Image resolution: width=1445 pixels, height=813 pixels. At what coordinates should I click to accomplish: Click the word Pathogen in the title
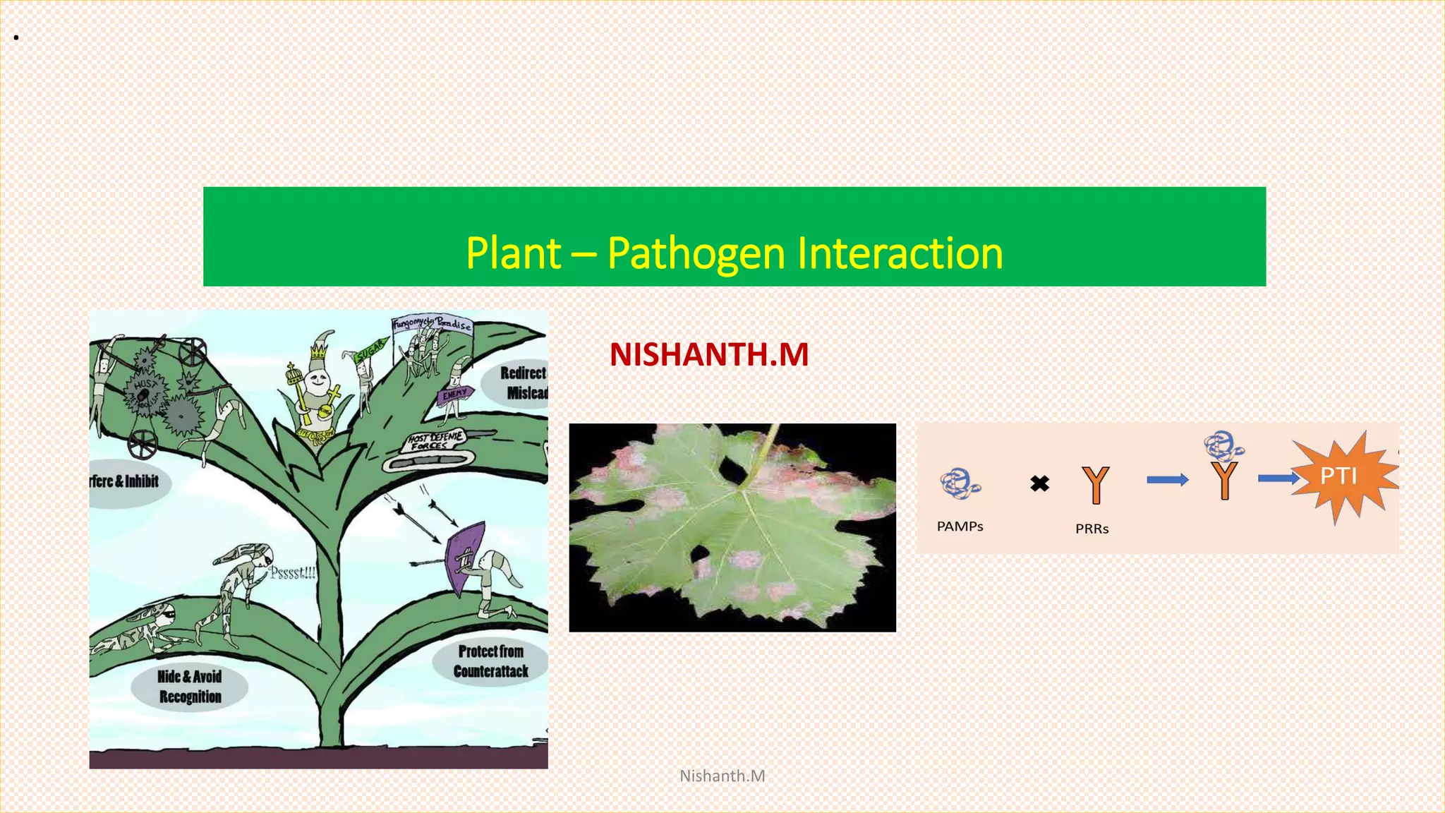[x=696, y=253]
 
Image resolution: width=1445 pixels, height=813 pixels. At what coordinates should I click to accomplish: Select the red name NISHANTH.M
[x=709, y=354]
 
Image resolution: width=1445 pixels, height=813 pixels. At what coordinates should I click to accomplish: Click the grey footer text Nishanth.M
[x=722, y=776]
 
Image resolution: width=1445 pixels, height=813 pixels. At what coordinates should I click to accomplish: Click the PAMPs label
[x=960, y=526]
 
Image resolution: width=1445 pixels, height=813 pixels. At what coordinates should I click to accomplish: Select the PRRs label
[x=1092, y=529]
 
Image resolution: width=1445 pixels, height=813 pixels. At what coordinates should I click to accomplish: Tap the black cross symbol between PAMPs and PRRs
[x=1039, y=483]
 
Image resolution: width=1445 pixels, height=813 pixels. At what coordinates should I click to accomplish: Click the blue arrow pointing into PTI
[x=1278, y=478]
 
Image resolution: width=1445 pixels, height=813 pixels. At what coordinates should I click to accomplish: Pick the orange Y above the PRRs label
[x=1095, y=485]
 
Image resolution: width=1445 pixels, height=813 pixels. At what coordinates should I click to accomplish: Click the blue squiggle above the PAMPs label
[x=959, y=484]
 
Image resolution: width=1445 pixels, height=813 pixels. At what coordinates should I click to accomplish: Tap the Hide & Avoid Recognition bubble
[x=189, y=687]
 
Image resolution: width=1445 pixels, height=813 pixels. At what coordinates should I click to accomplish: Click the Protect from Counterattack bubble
[x=491, y=661]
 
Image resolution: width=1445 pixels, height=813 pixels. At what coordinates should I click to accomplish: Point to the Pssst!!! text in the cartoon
[x=292, y=572]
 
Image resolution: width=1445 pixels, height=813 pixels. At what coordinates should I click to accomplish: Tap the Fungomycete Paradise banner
[x=432, y=325]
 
